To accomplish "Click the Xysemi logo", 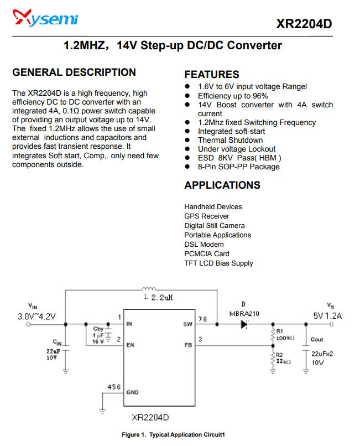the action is (45, 18).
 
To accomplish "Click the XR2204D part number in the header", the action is (304, 24).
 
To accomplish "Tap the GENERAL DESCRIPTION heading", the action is (74, 72).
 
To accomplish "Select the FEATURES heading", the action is (212, 75).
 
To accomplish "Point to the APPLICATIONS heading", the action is (222, 185).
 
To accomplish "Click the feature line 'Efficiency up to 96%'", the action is (233, 96).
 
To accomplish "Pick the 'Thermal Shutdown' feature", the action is (231, 140).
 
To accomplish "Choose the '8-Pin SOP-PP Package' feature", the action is (239, 167).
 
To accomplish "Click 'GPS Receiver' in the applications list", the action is (207, 216).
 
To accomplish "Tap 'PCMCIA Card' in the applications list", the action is (207, 254).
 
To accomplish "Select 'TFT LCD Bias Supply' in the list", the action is (218, 263).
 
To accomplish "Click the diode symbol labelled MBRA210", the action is (244, 324).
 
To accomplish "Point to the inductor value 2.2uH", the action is (162, 298).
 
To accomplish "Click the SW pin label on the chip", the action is (188, 324).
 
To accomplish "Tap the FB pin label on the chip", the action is (188, 345).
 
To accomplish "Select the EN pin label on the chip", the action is (131, 345).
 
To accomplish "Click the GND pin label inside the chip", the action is (133, 392).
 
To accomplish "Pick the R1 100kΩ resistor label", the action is (285, 335).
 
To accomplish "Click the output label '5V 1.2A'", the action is (327, 316).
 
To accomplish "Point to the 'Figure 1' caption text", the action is (173, 434).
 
